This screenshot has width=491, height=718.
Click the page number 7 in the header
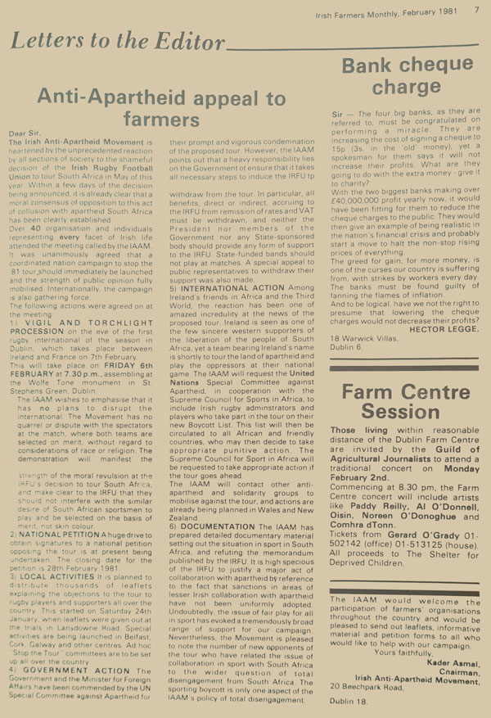pyautogui.click(x=475, y=11)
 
